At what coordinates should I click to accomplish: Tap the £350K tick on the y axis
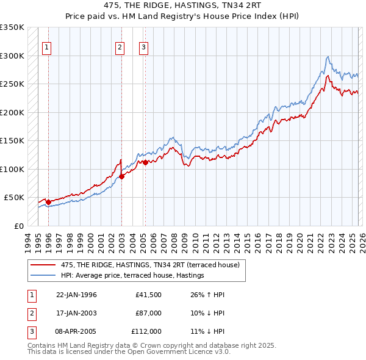point(12,27)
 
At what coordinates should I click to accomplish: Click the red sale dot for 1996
point(49,202)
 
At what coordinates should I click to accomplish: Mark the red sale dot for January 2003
point(121,176)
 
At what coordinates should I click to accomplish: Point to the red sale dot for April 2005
point(145,162)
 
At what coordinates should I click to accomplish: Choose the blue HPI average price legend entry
point(132,276)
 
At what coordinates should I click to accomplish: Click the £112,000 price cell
point(146,331)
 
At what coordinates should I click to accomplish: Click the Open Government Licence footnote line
point(129,352)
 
